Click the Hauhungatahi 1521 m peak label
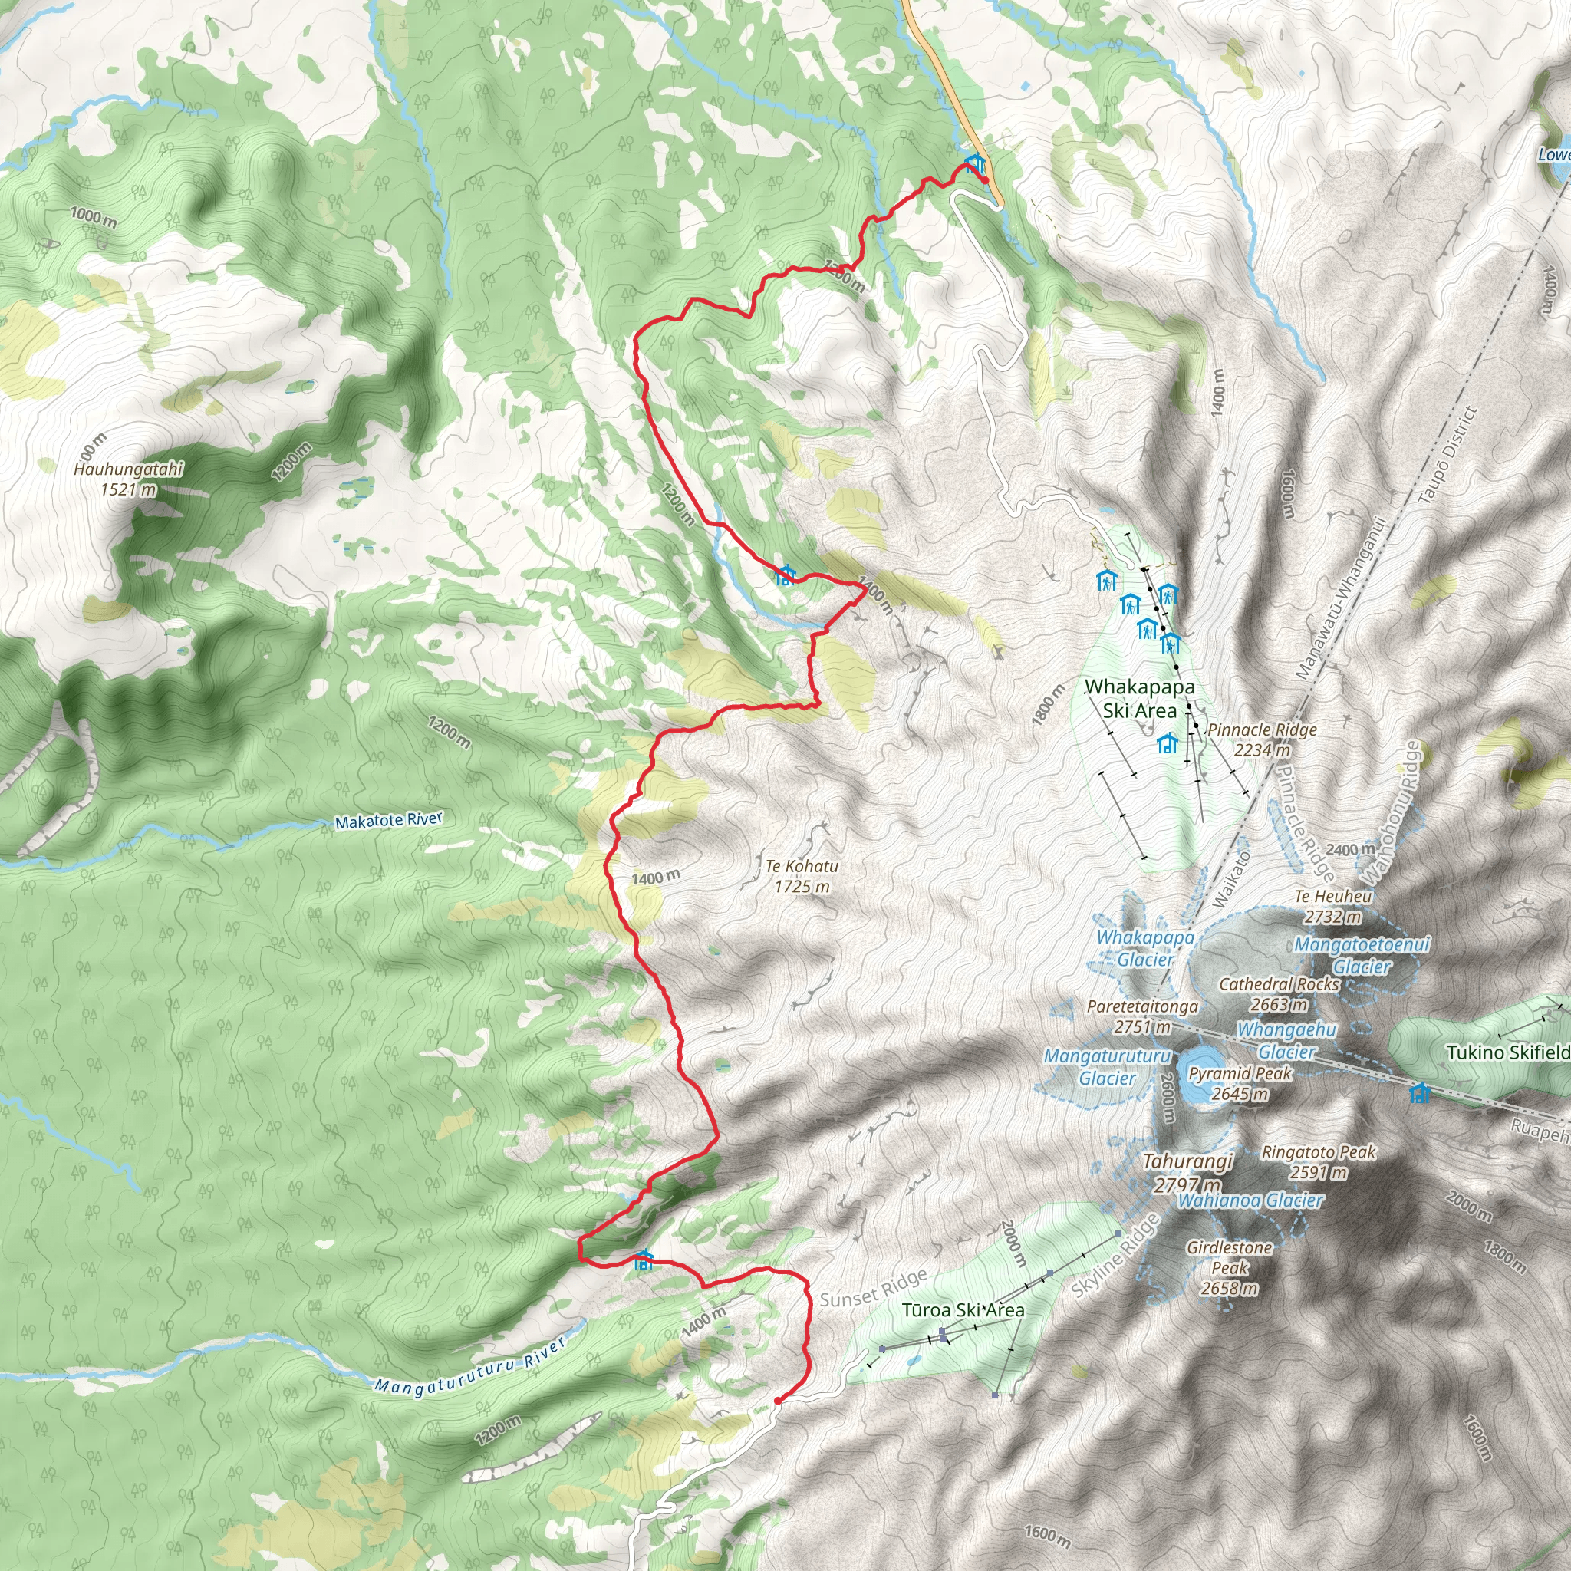pos(128,479)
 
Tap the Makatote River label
pos(389,821)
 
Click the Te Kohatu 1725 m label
pos(802,876)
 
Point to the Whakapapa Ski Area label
pos(1140,699)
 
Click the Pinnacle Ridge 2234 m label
pos(1261,739)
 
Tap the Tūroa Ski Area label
pos(963,1310)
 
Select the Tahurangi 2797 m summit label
pos(1188,1173)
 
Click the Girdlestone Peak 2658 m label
pos(1229,1268)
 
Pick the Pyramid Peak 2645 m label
pos(1240,1083)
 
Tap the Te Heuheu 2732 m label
pos(1332,906)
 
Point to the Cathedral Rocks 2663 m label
pos(1279,993)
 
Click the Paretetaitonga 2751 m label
pos(1142,1016)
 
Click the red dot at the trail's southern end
pos(777,1400)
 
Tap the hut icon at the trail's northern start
pos(974,163)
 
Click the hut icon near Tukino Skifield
pos(1420,1092)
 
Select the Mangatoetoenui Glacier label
pos(1362,956)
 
